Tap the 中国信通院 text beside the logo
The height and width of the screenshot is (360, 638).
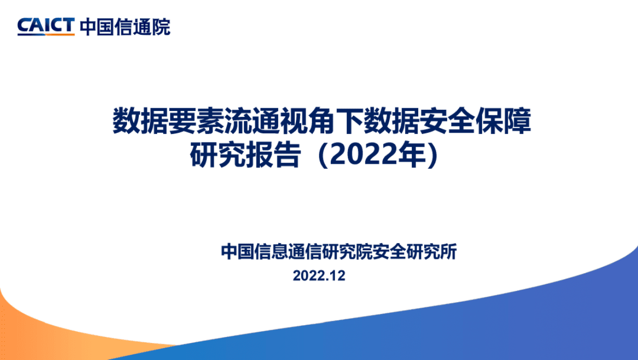pos(125,26)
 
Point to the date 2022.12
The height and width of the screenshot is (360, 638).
pos(320,276)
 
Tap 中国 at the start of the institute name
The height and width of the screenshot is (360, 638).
pos(236,252)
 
